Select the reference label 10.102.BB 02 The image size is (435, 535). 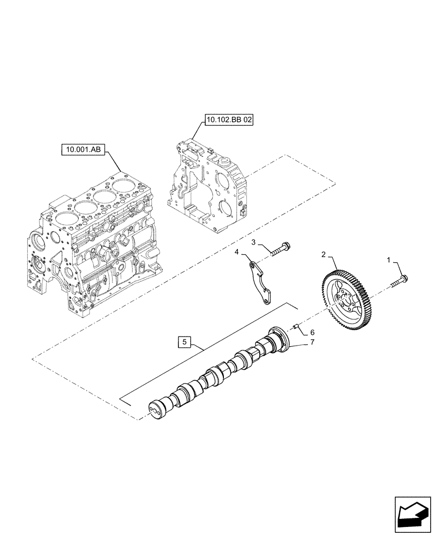228,120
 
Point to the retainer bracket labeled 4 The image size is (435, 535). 260,281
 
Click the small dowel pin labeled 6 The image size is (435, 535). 295,325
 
